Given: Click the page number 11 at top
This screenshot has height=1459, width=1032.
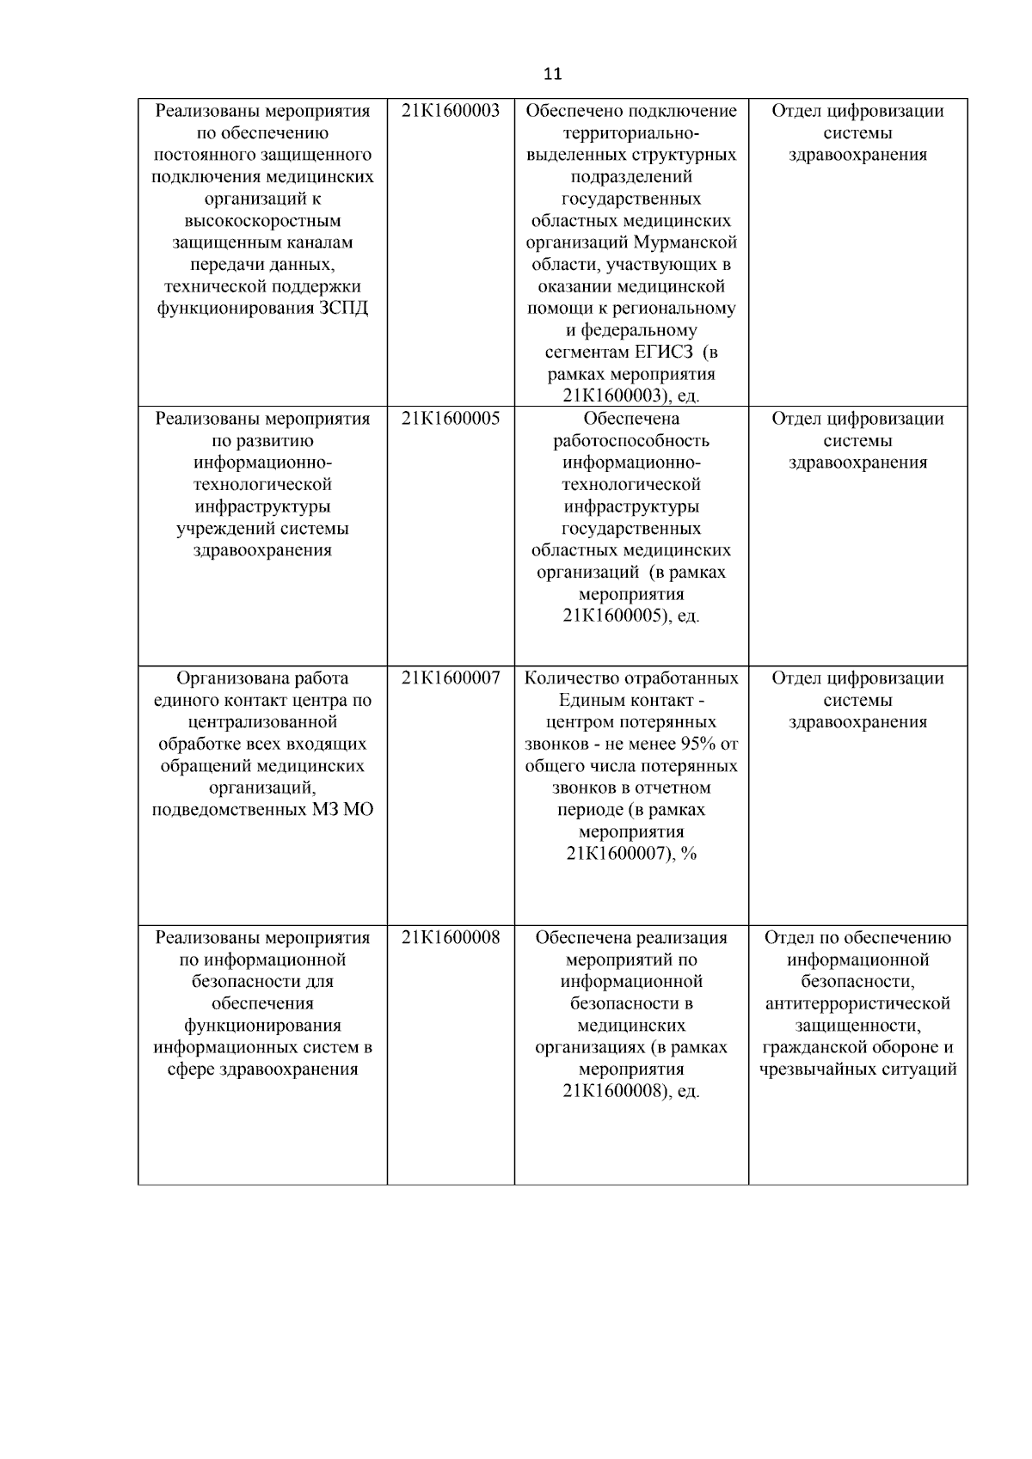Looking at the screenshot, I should [x=553, y=74].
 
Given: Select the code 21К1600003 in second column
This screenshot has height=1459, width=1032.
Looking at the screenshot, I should [x=451, y=111].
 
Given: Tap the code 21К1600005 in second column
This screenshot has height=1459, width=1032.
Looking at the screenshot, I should [x=451, y=419].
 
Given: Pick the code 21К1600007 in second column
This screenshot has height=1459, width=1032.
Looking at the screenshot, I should [x=451, y=678].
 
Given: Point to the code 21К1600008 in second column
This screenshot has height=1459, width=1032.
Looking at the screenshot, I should [x=451, y=938].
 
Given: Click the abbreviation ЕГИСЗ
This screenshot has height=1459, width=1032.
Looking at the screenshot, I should [x=666, y=352].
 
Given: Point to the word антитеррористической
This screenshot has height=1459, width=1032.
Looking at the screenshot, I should [x=857, y=1004].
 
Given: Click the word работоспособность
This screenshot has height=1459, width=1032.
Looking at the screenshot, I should [x=631, y=441].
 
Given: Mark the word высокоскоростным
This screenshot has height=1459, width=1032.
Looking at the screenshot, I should [x=262, y=221].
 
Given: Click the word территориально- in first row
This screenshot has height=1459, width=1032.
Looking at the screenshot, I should [x=631, y=133].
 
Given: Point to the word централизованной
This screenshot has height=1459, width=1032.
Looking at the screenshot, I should [x=262, y=722].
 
